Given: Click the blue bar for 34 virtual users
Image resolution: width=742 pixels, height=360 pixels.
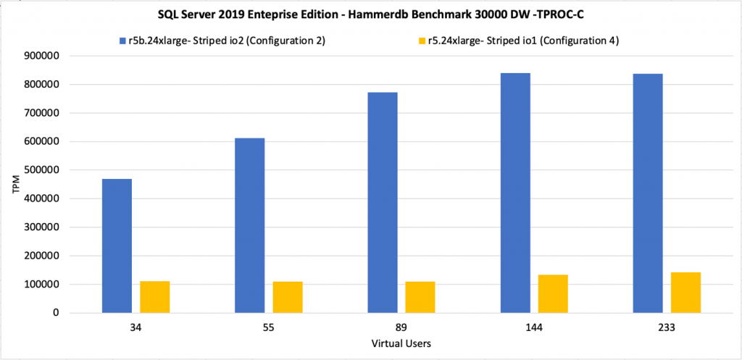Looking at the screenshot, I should pyautogui.click(x=117, y=246).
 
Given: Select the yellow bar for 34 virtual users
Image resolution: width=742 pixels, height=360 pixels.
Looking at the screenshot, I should pyautogui.click(x=154, y=297).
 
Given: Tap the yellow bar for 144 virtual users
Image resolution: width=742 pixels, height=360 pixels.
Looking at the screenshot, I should pyautogui.click(x=552, y=293).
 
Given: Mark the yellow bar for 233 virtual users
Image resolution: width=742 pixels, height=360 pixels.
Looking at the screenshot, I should pyautogui.click(x=685, y=293).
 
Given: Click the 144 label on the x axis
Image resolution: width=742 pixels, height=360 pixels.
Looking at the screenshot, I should pyautogui.click(x=533, y=327).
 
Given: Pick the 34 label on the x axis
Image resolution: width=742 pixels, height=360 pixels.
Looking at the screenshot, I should pyautogui.click(x=136, y=327).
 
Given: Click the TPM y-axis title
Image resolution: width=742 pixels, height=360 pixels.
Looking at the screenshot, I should pyautogui.click(x=16, y=185).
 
